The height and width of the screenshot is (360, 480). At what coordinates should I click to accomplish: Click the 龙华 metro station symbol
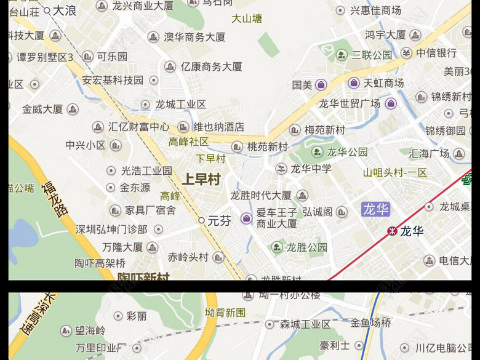(391, 231)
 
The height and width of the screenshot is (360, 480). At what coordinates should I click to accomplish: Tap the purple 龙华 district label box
(375, 209)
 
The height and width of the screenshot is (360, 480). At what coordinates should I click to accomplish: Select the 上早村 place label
(201, 180)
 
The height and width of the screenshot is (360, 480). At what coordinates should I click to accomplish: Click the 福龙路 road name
(55, 198)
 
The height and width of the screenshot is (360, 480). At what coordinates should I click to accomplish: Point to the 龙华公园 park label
(347, 152)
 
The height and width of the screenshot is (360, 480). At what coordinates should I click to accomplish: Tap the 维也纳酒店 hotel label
(218, 127)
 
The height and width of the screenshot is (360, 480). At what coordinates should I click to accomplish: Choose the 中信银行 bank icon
(406, 53)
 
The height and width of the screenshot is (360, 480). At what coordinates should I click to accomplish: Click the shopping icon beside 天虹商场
(353, 83)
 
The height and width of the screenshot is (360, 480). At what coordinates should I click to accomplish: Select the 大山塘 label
(247, 18)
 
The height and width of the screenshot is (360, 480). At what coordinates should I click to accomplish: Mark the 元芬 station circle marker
(201, 220)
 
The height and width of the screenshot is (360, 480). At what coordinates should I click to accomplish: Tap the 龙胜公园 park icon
(278, 247)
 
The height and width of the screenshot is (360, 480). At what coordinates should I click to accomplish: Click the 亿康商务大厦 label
(211, 66)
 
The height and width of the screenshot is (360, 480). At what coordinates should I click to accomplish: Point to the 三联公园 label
(372, 55)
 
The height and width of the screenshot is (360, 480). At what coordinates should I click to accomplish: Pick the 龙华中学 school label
(311, 169)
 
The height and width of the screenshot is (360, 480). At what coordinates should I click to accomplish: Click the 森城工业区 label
(305, 324)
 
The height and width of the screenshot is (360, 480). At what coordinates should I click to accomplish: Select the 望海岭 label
(90, 330)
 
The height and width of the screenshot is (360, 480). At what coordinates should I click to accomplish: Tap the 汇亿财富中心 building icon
(98, 127)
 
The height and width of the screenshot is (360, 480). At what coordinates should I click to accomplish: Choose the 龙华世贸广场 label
(349, 103)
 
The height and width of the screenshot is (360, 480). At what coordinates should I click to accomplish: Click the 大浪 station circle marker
(47, 10)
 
